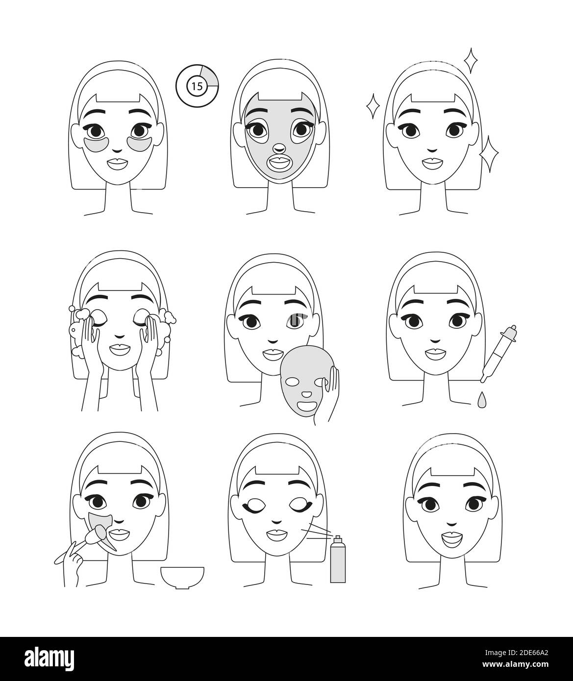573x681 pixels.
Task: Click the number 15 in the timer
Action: pos(197,87)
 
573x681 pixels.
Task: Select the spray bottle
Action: pos(337,560)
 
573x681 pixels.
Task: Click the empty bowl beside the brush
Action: pos(182,577)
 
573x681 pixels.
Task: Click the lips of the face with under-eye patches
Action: pos(117,164)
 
